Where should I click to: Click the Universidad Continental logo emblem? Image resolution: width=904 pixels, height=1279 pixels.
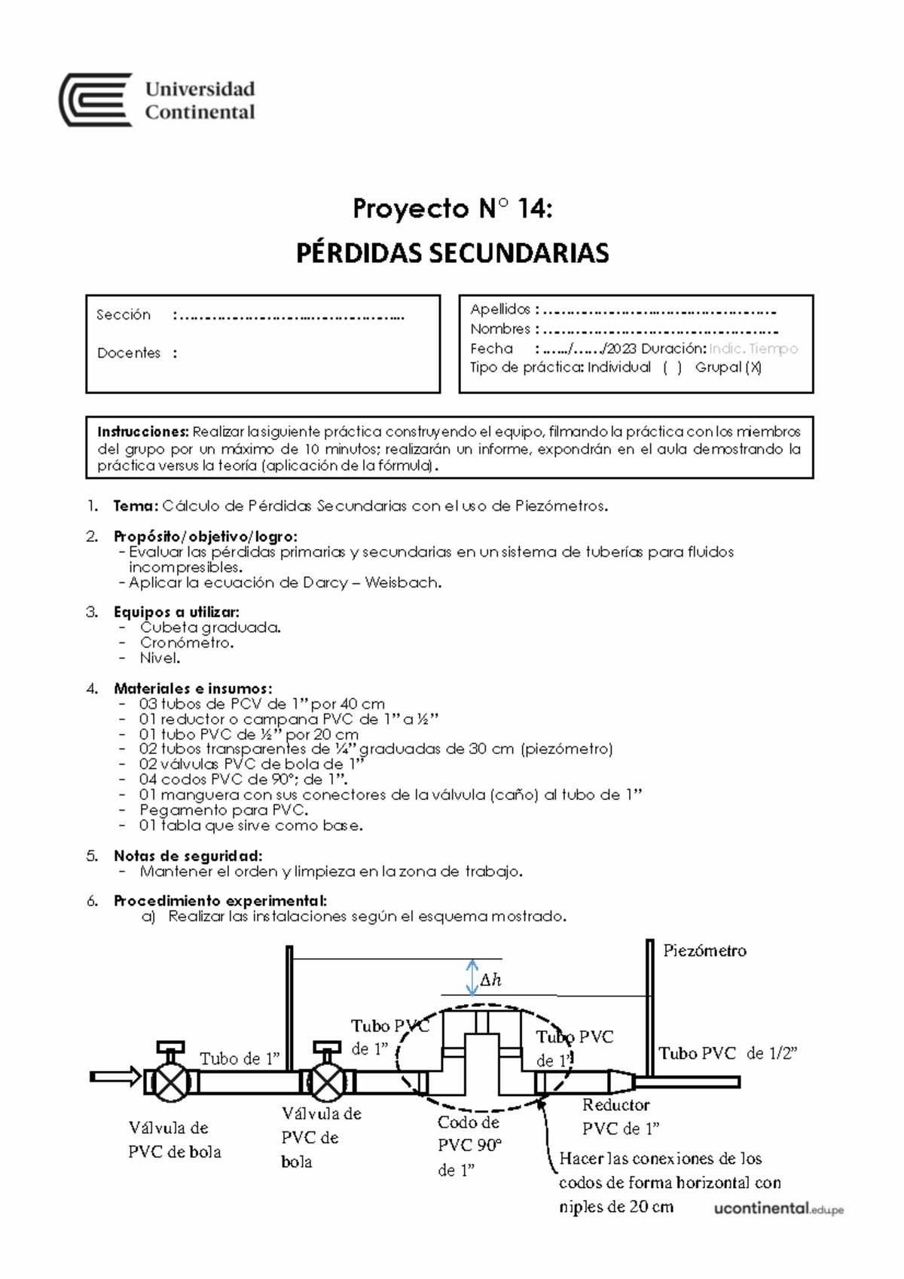(96, 99)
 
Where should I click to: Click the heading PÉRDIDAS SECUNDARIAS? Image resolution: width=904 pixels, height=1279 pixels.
(452, 253)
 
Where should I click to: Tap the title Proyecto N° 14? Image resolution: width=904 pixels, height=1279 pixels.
(452, 209)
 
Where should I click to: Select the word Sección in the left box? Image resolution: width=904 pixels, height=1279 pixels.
(124, 315)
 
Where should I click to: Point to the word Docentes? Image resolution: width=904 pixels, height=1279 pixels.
(129, 353)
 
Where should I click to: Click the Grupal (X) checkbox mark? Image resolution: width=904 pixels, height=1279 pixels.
(753, 368)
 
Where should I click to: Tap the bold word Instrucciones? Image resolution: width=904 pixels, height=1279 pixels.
(142, 432)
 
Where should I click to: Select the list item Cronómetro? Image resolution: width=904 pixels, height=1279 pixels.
(187, 643)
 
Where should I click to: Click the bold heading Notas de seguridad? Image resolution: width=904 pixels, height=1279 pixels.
(188, 856)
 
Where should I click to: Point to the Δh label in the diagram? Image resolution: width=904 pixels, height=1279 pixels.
(490, 980)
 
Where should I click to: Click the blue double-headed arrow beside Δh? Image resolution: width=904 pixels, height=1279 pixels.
(472, 977)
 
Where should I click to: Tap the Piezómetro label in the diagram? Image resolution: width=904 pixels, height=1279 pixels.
(704, 951)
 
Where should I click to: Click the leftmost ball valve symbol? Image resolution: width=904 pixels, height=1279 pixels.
(171, 1083)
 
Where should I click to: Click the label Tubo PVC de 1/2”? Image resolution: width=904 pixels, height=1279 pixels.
(728, 1054)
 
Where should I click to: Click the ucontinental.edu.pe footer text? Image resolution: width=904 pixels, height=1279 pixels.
(778, 1209)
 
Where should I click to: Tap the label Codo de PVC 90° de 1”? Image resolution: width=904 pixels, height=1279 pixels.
(469, 1146)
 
